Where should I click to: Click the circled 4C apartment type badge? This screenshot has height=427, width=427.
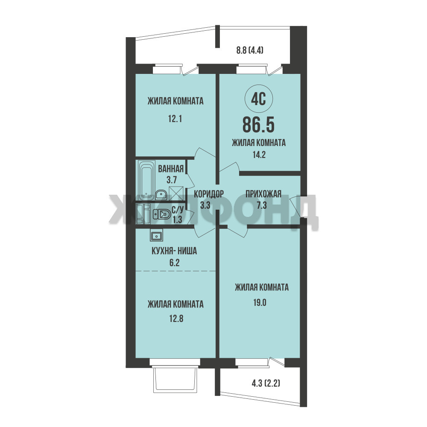(x=258, y=99)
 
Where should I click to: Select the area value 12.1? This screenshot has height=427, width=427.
(x=175, y=119)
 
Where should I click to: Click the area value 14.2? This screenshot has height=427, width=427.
(x=259, y=155)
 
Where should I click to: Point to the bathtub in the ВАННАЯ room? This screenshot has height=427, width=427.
(x=146, y=180)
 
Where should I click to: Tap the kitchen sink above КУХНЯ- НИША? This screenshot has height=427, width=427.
(x=156, y=236)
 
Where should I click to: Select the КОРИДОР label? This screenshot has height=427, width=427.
(x=209, y=194)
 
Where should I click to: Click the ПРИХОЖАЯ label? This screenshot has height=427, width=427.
(x=263, y=194)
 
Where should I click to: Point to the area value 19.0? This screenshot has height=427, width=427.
(x=260, y=303)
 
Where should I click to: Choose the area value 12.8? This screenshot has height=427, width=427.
(x=176, y=319)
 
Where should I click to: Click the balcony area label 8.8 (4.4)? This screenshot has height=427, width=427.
(x=250, y=50)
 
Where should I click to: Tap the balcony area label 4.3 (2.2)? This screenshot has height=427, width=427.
(x=266, y=383)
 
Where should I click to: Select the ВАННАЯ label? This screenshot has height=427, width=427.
(x=171, y=169)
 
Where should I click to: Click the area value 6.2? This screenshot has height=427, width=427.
(x=174, y=263)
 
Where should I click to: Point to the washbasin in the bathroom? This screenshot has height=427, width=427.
(x=161, y=195)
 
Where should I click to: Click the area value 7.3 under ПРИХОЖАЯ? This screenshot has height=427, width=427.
(x=262, y=205)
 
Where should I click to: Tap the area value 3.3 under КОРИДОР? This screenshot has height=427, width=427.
(x=205, y=205)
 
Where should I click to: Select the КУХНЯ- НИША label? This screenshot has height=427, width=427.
(x=174, y=251)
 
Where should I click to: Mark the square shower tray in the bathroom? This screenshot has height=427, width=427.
(x=176, y=193)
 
